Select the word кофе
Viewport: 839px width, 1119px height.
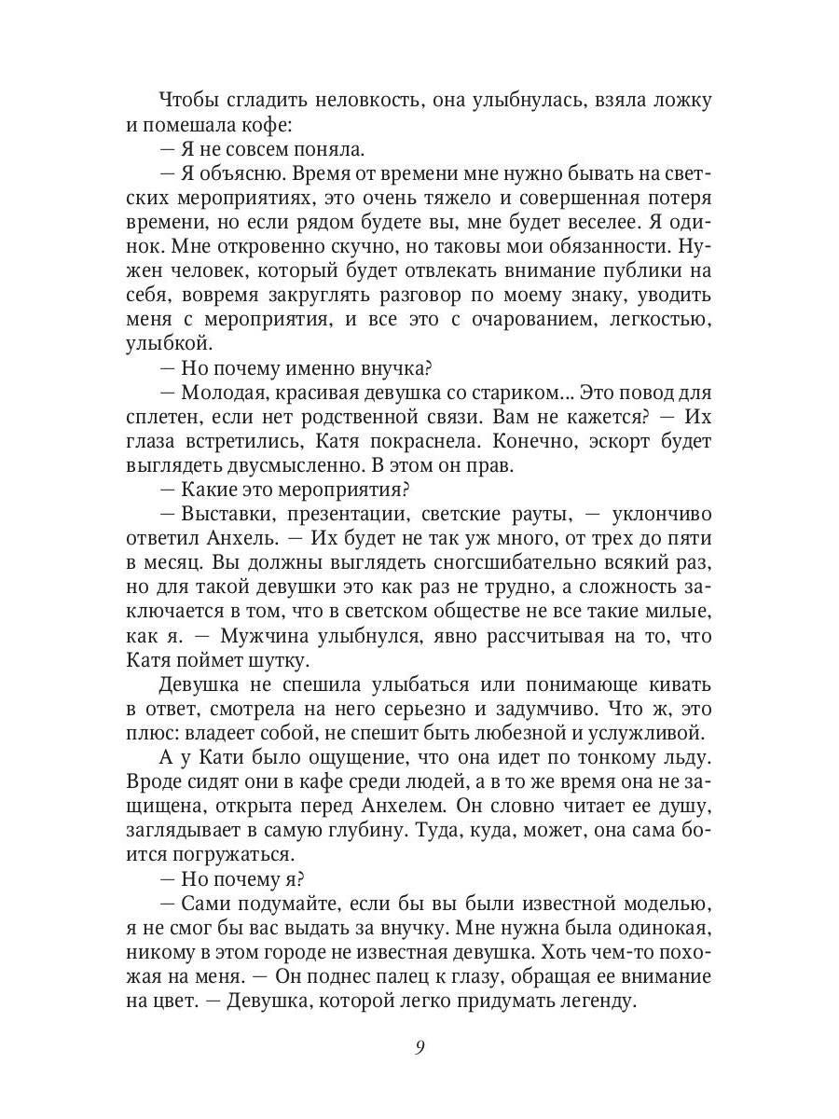tap(269, 125)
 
